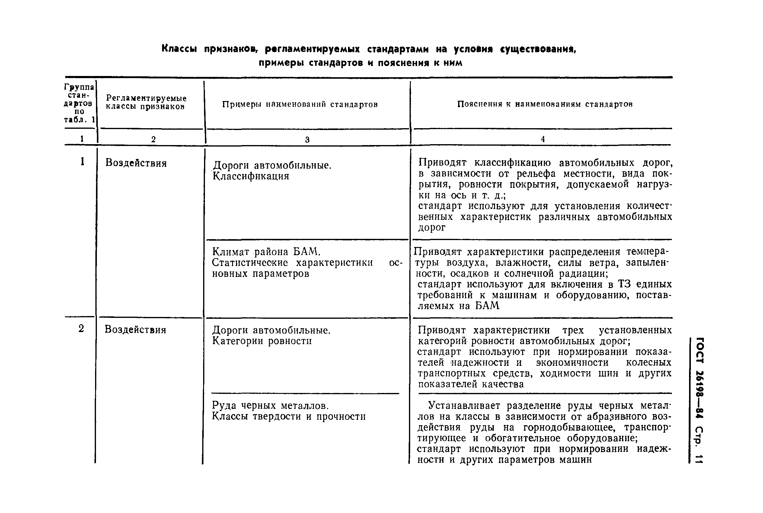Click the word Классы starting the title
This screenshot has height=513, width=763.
pos(179,49)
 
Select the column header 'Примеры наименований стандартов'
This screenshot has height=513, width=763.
pos(300,104)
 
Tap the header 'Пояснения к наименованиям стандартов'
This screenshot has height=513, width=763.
pos(545,104)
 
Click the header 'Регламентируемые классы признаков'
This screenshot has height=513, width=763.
pos(146,103)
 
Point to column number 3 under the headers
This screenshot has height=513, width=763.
pos(307,140)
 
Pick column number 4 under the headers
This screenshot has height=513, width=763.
pos(543,139)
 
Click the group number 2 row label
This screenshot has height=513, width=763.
pos(81,328)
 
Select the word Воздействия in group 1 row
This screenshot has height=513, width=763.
pos(136,163)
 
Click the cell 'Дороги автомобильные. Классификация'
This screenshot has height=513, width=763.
pos(272,171)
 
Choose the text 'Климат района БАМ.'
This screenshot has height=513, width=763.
pos(266,252)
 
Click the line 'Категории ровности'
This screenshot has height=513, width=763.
pos(262,341)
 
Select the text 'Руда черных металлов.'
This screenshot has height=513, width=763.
pos(270,406)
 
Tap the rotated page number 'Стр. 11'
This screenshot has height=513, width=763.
pos(698,445)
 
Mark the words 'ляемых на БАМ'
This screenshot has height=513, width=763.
pos(458,306)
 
